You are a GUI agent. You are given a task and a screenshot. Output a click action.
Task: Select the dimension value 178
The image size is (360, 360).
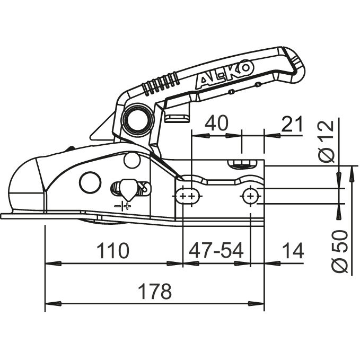[x=154, y=291]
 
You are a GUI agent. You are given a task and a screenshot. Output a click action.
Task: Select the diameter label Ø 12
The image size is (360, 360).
[x=329, y=140]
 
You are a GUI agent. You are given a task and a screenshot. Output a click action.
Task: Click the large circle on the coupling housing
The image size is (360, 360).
[x=90, y=182]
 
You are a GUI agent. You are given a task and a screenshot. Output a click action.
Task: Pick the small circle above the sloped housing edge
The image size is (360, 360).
[x=130, y=157]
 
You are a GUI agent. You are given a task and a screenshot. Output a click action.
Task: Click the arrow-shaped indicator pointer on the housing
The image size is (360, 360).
[x=127, y=188]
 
